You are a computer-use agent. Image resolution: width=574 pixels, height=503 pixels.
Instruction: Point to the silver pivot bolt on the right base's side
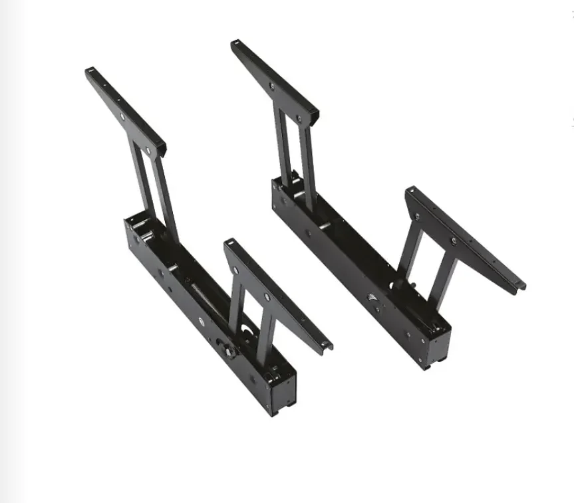click(376, 306)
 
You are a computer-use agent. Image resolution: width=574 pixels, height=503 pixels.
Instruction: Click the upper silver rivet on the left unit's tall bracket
click(122, 118)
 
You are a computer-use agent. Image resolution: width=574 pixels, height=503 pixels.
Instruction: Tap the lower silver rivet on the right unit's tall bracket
click(300, 118)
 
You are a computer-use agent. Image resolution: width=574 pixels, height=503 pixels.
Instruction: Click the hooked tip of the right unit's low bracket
click(521, 286)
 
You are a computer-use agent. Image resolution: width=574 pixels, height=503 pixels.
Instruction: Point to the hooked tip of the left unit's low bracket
click(327, 346)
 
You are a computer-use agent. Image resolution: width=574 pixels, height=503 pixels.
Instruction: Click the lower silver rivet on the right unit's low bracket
click(454, 240)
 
